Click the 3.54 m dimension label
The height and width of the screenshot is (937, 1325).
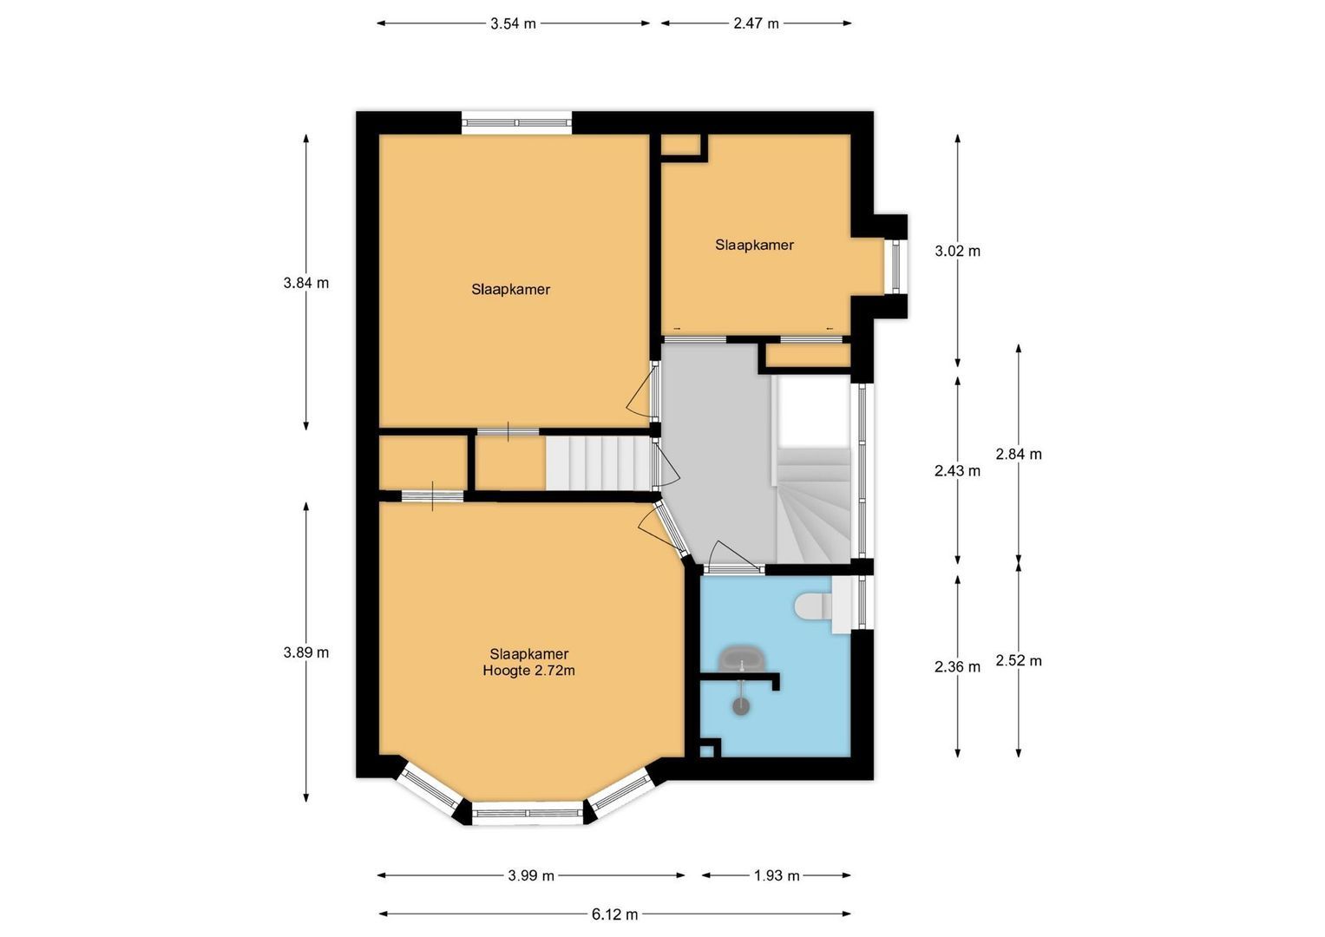point(513,23)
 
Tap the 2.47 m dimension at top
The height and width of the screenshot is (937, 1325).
point(756,23)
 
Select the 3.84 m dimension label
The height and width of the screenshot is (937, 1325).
point(305,283)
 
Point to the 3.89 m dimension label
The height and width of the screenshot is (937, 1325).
point(305,652)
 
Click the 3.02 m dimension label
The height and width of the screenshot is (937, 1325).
point(957,251)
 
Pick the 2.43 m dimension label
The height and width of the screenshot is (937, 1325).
point(957,471)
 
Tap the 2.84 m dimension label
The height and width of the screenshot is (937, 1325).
point(1019,454)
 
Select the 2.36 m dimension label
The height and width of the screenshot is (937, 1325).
point(957,666)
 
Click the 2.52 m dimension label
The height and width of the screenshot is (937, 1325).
point(1019,660)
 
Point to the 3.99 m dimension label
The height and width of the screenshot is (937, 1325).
point(531,875)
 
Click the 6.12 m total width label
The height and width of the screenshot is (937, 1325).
point(615,914)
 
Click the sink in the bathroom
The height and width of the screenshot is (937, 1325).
point(742,659)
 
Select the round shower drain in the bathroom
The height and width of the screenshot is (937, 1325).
point(740,706)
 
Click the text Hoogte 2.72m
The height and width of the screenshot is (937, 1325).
point(528,671)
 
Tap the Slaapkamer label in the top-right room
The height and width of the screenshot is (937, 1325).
point(754,245)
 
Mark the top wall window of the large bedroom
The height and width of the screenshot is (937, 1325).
point(516,123)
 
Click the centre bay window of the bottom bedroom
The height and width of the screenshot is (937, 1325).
point(528,814)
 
